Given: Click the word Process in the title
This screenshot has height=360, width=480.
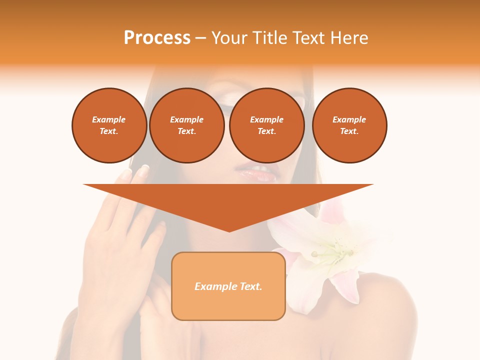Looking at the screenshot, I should coord(157,38).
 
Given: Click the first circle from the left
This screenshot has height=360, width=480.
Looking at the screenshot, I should coord(109,125).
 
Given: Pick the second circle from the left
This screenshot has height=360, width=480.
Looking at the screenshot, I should coord(186,125).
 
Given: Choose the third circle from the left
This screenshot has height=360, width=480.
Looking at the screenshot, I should coord(266,125).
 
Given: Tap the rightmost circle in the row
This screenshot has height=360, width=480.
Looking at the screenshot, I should coord(349,125).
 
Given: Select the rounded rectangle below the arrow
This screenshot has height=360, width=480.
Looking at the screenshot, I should coord(228,305).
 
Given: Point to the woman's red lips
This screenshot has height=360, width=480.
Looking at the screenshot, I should coord(257,173).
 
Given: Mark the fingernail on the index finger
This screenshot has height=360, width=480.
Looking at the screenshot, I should coord(143,171).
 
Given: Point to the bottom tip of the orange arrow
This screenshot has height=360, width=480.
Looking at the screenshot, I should coord(229,230).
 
